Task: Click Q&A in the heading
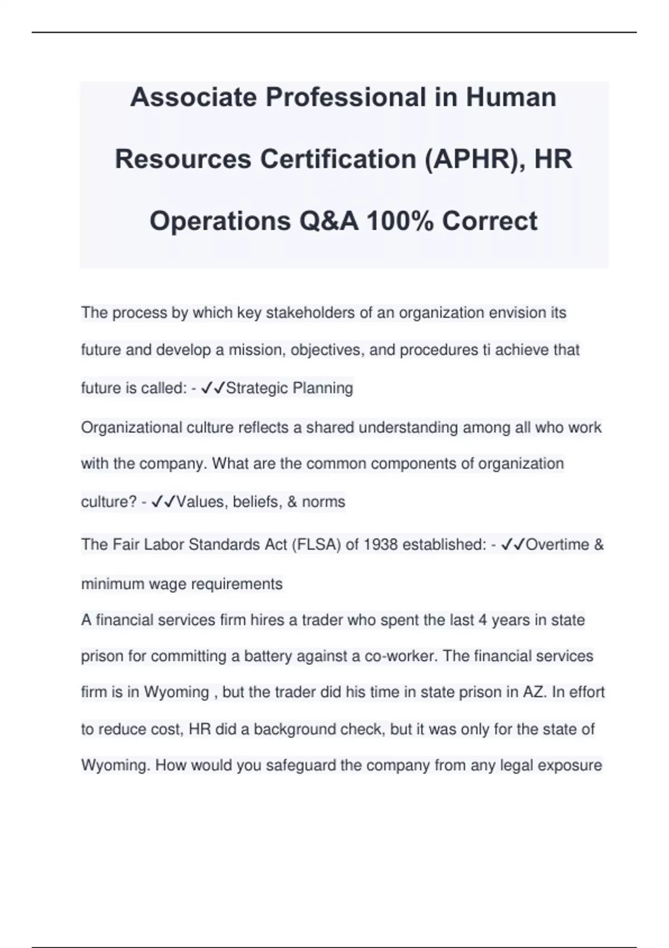point(328,221)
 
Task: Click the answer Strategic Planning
point(289,388)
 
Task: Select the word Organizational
point(124,428)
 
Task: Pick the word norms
point(323,502)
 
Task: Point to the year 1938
point(380,545)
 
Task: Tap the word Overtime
point(557,545)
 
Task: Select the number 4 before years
point(483,620)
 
